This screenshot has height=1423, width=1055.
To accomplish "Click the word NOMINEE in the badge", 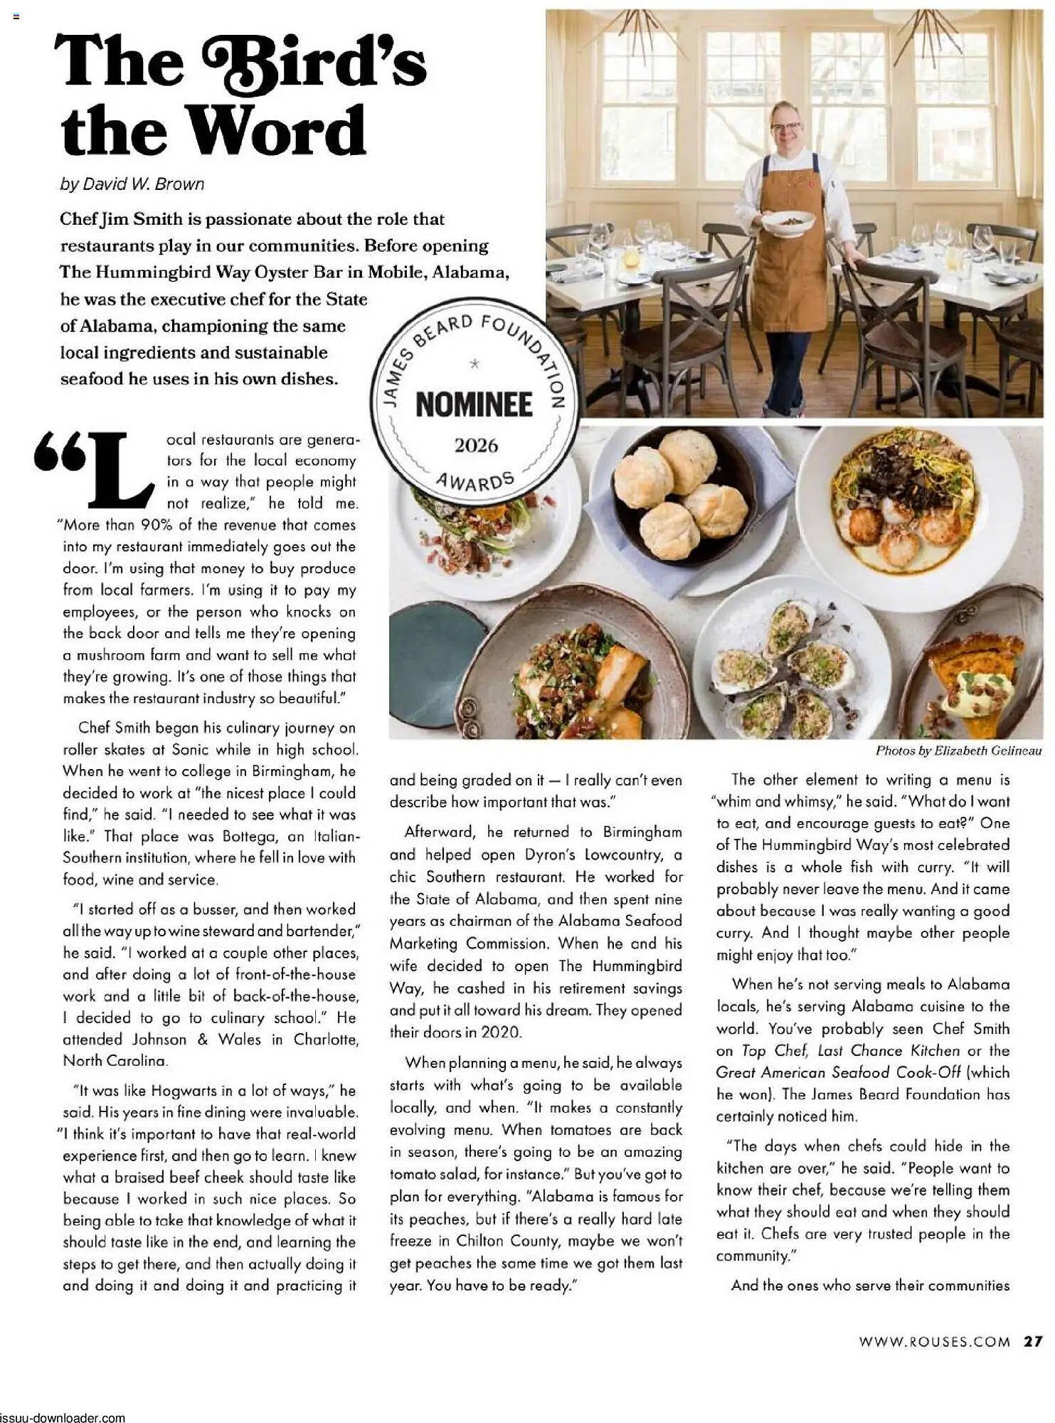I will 474,405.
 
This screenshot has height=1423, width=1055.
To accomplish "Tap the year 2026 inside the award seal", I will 476,445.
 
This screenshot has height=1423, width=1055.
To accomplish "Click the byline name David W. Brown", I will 143,184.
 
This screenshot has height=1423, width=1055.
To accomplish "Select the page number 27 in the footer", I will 1034,1341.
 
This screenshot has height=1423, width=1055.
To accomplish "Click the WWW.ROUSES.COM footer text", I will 934,1342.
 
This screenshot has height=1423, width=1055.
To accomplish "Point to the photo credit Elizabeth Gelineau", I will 987,751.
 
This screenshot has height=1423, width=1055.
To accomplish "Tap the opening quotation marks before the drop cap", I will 58,451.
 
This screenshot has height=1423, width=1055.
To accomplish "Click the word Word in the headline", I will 277,132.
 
